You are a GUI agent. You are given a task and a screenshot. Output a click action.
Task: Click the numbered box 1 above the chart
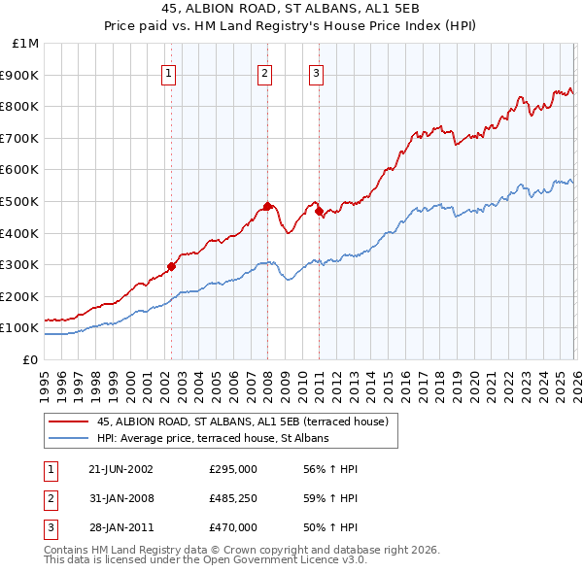click(x=168, y=71)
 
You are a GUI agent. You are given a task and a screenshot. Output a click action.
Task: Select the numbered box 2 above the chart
click(x=264, y=71)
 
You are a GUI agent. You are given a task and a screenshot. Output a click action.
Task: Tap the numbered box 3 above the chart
click(x=317, y=71)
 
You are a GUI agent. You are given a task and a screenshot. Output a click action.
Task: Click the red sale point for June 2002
click(x=172, y=266)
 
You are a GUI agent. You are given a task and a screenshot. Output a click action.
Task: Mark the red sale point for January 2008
click(x=267, y=206)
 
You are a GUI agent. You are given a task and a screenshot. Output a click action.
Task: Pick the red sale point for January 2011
click(x=319, y=211)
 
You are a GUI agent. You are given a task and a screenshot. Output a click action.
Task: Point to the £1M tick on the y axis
click(x=26, y=44)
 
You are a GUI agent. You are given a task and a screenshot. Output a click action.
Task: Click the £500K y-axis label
click(x=20, y=201)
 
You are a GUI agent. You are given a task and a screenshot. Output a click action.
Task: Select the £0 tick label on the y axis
click(x=30, y=359)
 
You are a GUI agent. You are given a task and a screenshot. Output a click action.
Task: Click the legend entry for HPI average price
click(x=213, y=438)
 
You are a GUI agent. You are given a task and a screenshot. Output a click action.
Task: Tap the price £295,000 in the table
click(x=233, y=469)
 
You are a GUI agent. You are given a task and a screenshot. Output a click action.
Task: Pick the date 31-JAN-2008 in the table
click(x=120, y=498)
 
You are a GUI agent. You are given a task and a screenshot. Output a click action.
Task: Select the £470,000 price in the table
click(x=233, y=527)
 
